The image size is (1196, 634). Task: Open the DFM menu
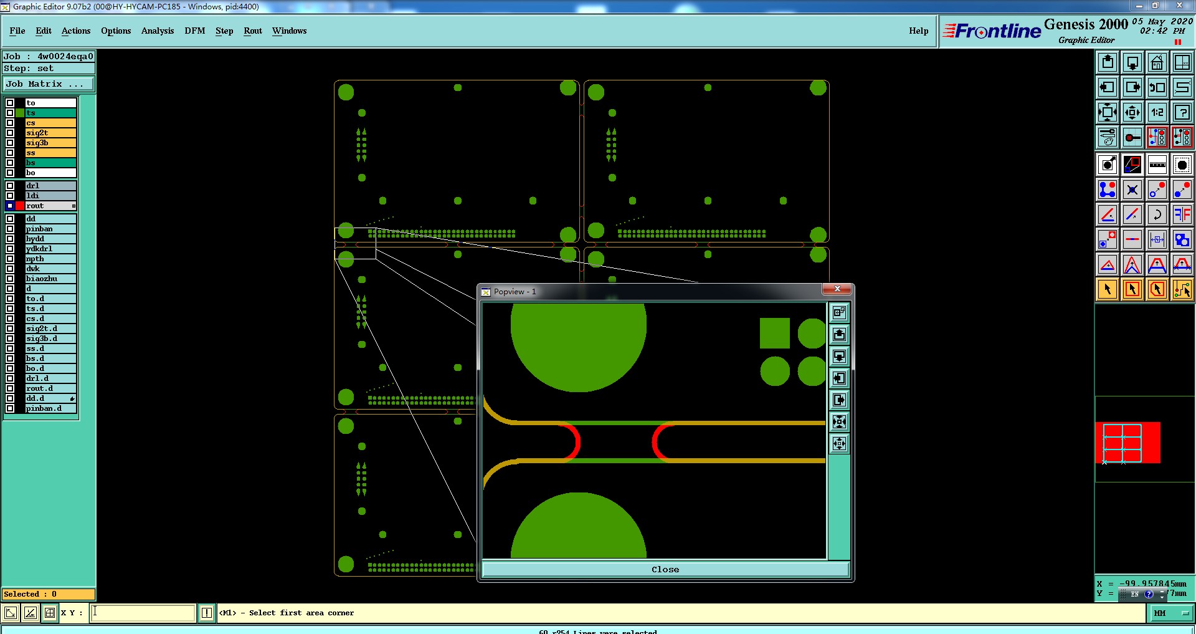pos(194,31)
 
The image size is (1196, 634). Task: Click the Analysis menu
pos(157,31)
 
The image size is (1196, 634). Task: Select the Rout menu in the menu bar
pos(252,31)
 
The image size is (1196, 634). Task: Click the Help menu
pos(918,31)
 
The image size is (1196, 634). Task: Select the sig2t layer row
pos(50,133)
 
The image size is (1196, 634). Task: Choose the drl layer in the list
pos(50,186)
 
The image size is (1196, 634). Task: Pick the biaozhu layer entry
pos(50,279)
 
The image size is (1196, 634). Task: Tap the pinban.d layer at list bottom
pos(50,408)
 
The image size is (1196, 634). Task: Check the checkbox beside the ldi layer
pos(10,196)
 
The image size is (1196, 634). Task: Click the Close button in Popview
pos(665,569)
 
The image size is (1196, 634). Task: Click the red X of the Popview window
pos(837,289)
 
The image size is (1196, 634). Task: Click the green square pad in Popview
pos(774,333)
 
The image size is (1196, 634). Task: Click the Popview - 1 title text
pos(515,292)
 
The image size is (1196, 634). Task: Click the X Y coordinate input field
pos(143,613)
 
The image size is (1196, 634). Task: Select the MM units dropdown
pos(1170,613)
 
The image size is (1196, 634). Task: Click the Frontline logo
pos(992,31)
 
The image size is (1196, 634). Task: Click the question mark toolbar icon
pos(1182,112)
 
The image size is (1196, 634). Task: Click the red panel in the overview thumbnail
pos(1150,443)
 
